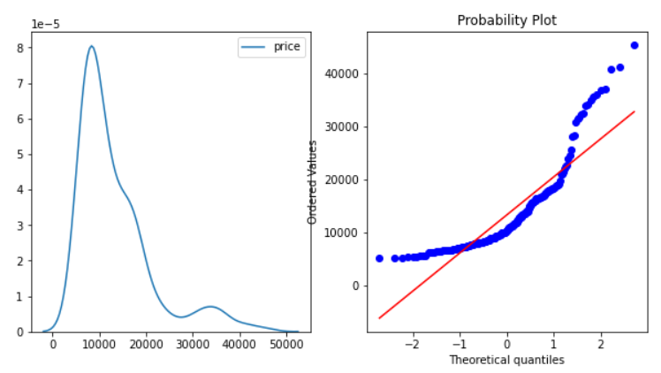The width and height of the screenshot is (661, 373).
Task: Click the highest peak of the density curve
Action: (91, 46)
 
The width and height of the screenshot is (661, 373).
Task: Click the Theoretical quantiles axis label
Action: (506, 360)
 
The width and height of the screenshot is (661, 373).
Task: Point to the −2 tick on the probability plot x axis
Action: (412, 344)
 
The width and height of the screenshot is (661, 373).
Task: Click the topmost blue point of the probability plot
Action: (634, 45)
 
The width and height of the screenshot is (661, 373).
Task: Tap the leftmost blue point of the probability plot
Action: (380, 258)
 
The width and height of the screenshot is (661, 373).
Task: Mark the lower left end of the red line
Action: (380, 318)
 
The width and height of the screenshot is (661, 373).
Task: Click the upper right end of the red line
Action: (634, 111)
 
